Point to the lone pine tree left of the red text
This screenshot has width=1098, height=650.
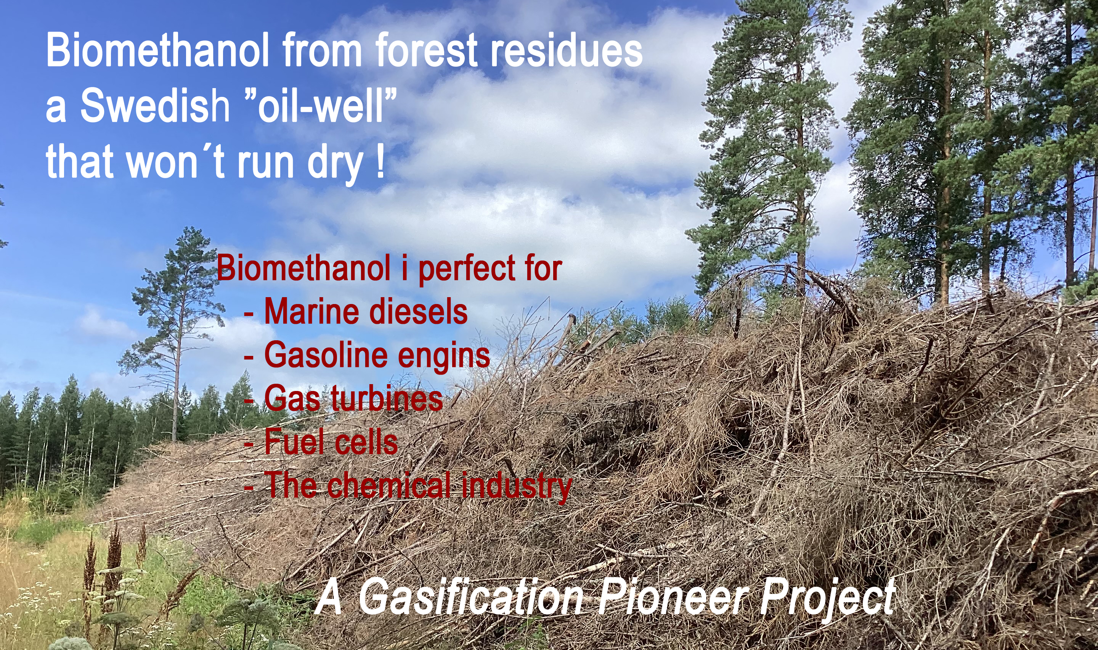[x=177, y=333]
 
